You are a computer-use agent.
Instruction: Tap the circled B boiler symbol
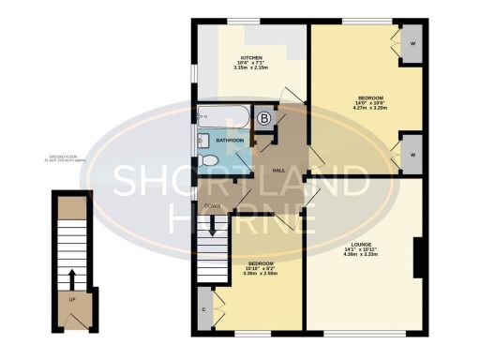(x=264, y=118)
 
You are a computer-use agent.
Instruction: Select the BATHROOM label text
(x=230, y=141)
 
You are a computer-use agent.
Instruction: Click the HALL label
(x=278, y=171)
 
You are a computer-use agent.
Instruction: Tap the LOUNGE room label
(x=360, y=244)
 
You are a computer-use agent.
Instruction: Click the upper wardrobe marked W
(x=413, y=44)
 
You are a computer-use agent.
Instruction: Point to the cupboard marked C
(x=203, y=308)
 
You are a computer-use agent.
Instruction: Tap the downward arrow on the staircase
(x=213, y=227)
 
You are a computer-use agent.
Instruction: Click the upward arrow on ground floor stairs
(x=71, y=277)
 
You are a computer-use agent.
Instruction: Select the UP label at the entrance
(x=71, y=300)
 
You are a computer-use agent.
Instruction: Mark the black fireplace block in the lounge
(x=416, y=258)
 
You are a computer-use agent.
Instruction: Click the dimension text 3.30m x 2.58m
(x=261, y=274)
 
